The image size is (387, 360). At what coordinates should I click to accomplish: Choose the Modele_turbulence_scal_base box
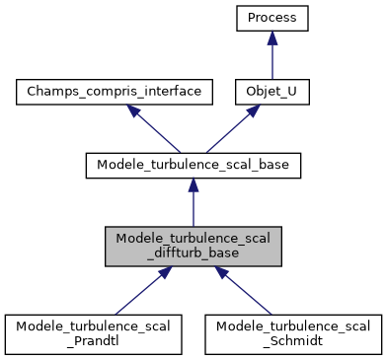click(193, 166)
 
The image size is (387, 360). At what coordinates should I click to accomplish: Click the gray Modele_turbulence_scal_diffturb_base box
click(193, 247)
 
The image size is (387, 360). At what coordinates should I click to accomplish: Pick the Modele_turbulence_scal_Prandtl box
click(93, 334)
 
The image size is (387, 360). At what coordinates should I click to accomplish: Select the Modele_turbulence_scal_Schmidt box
click(293, 334)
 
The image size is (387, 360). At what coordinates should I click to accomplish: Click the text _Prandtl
click(93, 342)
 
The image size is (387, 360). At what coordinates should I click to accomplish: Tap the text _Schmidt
click(293, 342)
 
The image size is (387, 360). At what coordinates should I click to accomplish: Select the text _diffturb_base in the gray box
click(193, 254)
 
